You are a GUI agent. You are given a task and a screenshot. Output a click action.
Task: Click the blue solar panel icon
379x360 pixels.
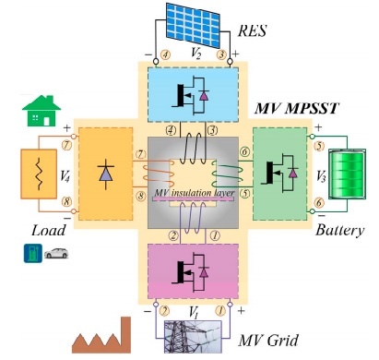pyautogui.click(x=193, y=25)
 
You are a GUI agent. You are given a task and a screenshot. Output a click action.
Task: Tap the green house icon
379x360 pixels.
pyautogui.click(x=41, y=111)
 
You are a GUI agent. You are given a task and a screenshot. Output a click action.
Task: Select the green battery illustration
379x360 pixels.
pyautogui.click(x=348, y=174)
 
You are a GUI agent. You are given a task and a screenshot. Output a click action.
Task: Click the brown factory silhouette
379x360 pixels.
pyautogui.click(x=101, y=335)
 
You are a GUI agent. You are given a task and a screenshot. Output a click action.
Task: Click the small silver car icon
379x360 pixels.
pyautogui.click(x=56, y=253)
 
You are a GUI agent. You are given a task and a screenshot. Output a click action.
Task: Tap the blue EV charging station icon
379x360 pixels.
pyautogui.click(x=33, y=253)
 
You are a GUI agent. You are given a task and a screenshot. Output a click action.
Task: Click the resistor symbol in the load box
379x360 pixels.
pyautogui.click(x=39, y=174)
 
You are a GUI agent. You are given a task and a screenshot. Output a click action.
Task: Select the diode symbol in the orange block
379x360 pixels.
pyautogui.click(x=106, y=174)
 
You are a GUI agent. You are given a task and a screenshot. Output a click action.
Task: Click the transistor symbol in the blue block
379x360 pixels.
pyautogui.click(x=191, y=95)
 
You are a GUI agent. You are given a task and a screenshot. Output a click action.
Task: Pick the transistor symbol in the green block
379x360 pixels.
pyautogui.click(x=279, y=174)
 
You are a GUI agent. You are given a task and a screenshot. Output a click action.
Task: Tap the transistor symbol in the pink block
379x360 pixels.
pyautogui.click(x=191, y=271)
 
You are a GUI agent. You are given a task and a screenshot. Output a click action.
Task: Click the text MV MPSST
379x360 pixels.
pyautogui.click(x=297, y=108)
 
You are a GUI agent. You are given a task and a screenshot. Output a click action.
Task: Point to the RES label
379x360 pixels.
pyautogui.click(x=252, y=30)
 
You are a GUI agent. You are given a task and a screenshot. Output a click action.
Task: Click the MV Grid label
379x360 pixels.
pyautogui.click(x=268, y=341)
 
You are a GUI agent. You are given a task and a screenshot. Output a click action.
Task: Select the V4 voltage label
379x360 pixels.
pyautogui.click(x=65, y=175)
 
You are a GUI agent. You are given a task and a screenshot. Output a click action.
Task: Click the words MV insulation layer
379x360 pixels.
pyautogui.click(x=195, y=193)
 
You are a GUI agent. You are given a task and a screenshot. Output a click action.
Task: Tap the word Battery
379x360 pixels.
pyautogui.click(x=340, y=231)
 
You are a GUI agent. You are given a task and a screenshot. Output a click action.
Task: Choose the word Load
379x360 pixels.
pyautogui.click(x=49, y=230)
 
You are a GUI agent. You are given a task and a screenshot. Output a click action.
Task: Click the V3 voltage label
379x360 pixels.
pyautogui.click(x=321, y=176)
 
